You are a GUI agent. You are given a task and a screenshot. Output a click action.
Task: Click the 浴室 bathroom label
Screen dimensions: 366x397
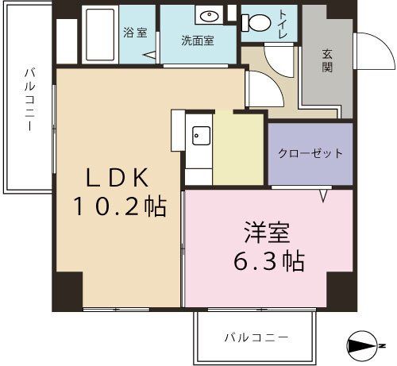[x=135, y=33]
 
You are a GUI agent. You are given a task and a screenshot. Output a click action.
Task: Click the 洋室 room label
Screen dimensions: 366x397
[x=266, y=234]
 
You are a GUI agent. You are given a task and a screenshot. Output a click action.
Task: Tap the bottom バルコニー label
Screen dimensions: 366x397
[x=255, y=337]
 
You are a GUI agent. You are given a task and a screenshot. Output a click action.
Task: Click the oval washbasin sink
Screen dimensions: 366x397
[x=210, y=17]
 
